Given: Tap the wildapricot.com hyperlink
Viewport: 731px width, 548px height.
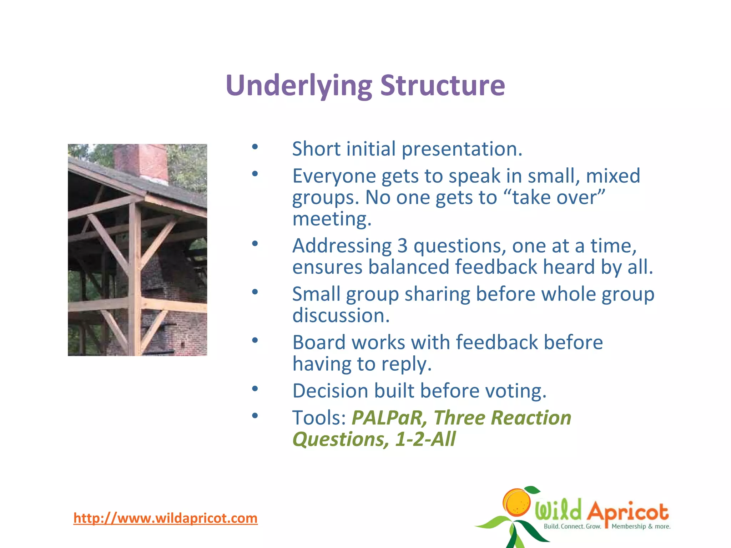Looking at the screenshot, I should [x=165, y=518].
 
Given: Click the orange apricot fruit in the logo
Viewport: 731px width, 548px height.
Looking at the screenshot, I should [x=516, y=502].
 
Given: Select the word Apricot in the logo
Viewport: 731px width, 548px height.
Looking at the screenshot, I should [x=627, y=512].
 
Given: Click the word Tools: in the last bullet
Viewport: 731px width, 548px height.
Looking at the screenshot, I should [x=319, y=418].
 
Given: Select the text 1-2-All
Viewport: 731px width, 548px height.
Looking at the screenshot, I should [x=425, y=439].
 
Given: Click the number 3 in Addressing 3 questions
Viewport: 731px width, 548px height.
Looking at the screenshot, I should [x=402, y=246].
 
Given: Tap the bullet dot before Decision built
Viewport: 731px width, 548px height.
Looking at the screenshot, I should [x=254, y=389].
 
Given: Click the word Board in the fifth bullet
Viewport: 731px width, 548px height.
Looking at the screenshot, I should [x=319, y=342].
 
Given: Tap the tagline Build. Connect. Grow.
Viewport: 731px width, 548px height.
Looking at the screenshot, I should [x=572, y=526].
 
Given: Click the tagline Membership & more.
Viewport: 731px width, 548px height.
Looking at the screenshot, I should [x=641, y=526].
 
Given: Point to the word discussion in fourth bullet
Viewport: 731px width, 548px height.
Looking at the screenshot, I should [x=341, y=315].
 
